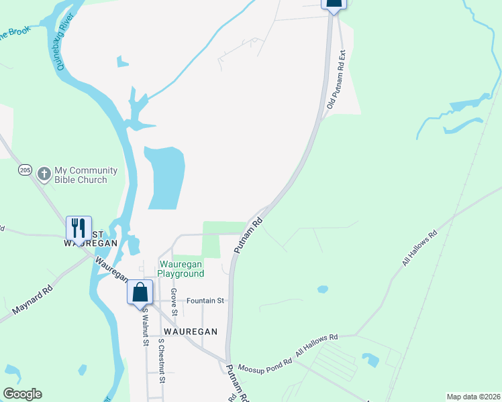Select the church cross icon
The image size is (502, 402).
tap(44, 174)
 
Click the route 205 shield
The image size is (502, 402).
tap(25, 170)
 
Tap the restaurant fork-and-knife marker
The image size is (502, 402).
tap(79, 228)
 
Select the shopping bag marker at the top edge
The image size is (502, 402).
tap(334, 3)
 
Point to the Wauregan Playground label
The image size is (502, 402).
tap(181, 269)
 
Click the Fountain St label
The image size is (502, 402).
tap(205, 301)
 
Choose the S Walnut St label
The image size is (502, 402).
tap(145, 328)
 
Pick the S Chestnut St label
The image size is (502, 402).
tap(161, 360)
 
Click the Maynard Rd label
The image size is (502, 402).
tap(32, 301)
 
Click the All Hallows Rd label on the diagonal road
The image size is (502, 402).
tap(419, 249)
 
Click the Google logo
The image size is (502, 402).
tap(23, 393)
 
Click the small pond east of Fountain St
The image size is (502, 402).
tap(323, 289)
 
